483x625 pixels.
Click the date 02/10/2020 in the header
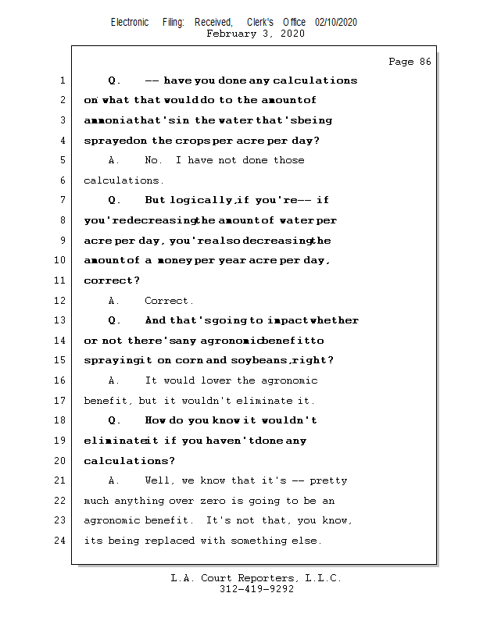[x=336, y=22]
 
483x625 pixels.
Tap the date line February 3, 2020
[x=256, y=34]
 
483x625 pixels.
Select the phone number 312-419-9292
[x=256, y=589]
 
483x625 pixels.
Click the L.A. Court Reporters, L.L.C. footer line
[x=256, y=578]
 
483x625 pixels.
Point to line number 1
[x=62, y=80]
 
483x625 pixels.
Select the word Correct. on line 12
[x=169, y=301]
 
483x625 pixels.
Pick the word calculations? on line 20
[x=130, y=461]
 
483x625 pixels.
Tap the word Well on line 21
[x=159, y=480]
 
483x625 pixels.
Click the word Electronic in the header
[x=130, y=22]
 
